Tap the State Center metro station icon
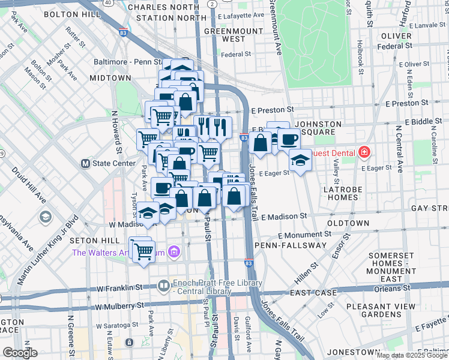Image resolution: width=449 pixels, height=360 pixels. pyautogui.click(x=85, y=163)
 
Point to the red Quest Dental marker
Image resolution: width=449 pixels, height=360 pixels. pyautogui.click(x=363, y=153)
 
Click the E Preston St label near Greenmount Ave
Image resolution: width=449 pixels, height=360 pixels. pyautogui.click(x=273, y=110)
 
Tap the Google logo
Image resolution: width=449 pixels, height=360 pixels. pyautogui.click(x=20, y=353)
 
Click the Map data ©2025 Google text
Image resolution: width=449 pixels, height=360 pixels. pyautogui.click(x=411, y=355)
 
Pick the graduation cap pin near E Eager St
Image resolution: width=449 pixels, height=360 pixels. pyautogui.click(x=300, y=160)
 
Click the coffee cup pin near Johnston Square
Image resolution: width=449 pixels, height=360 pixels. pyautogui.click(x=289, y=139)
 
